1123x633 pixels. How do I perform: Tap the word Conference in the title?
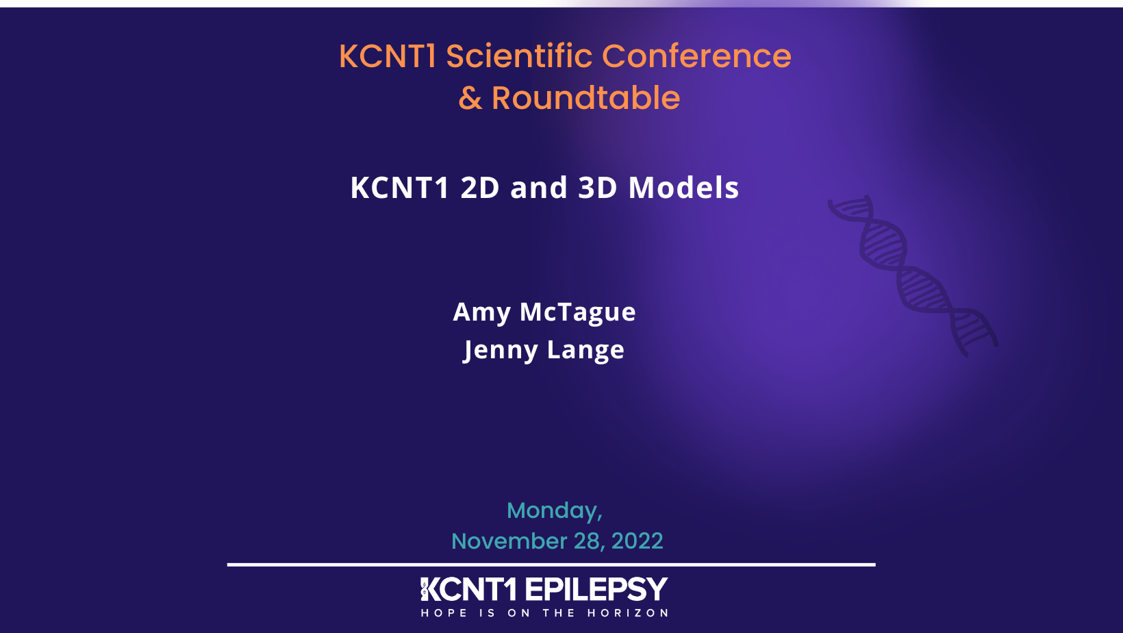tap(696, 56)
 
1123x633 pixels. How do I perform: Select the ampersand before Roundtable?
tap(470, 99)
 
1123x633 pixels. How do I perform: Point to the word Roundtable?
tap(585, 98)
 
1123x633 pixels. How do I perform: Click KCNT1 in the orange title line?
tap(388, 56)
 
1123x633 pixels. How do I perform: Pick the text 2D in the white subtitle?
tap(480, 188)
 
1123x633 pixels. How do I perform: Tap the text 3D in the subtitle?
tap(598, 188)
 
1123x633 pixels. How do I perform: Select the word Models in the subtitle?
tap(683, 188)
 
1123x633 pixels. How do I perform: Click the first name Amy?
tap(481, 312)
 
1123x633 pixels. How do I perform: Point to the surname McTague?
tap(578, 312)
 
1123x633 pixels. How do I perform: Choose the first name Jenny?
tap(501, 350)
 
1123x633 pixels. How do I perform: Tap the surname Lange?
tap(585, 350)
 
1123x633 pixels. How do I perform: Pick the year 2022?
tap(637, 541)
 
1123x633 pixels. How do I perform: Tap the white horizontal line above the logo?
tap(551, 564)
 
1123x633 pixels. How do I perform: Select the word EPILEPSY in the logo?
tap(596, 590)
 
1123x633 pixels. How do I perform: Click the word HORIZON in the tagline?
tap(627, 613)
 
